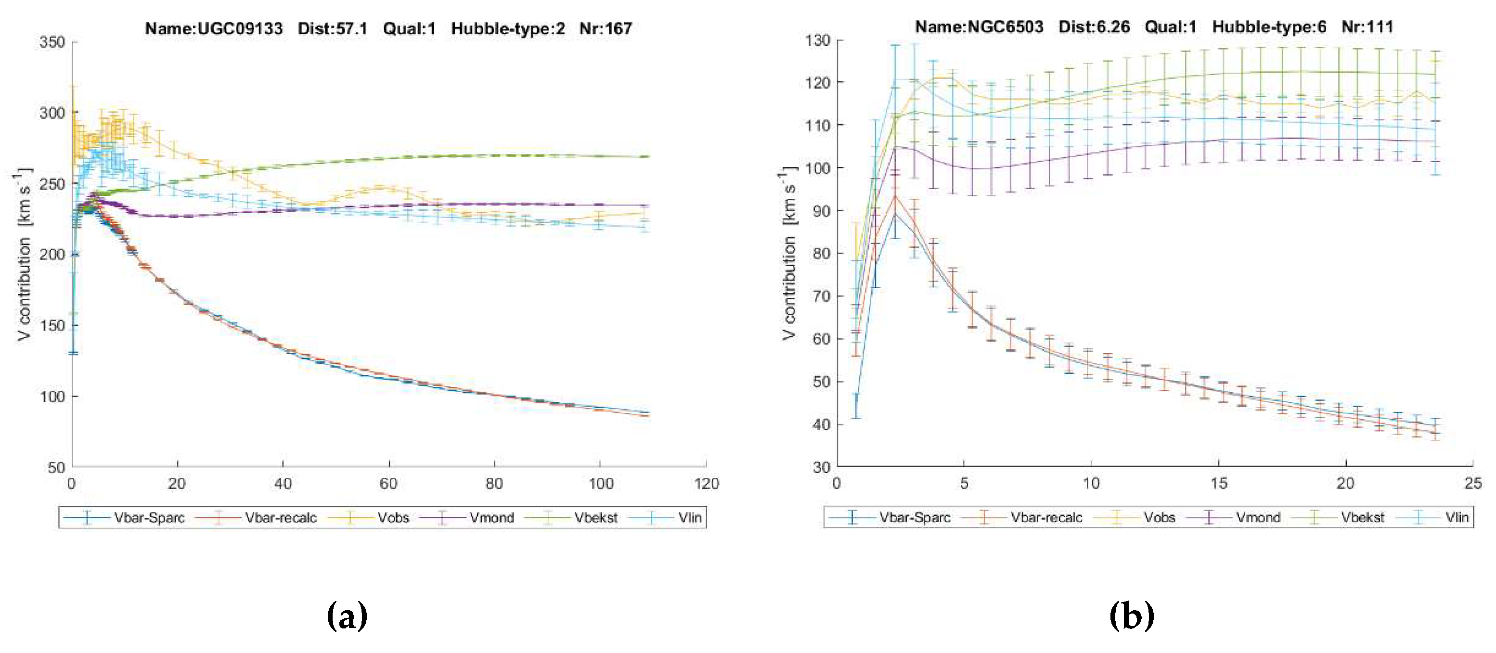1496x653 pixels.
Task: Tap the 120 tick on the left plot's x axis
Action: tap(706, 484)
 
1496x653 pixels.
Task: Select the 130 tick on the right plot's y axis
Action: tap(817, 40)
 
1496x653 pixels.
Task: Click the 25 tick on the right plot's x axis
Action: tap(1473, 484)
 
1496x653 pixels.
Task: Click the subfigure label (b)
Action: tap(1131, 616)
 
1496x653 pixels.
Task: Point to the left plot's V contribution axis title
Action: tap(25, 256)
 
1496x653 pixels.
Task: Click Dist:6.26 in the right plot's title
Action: tap(1094, 26)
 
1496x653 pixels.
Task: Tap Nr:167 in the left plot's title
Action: tap(605, 28)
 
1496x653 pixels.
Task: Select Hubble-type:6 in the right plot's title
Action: tap(1269, 26)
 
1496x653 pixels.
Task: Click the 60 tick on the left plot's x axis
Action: tap(388, 484)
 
